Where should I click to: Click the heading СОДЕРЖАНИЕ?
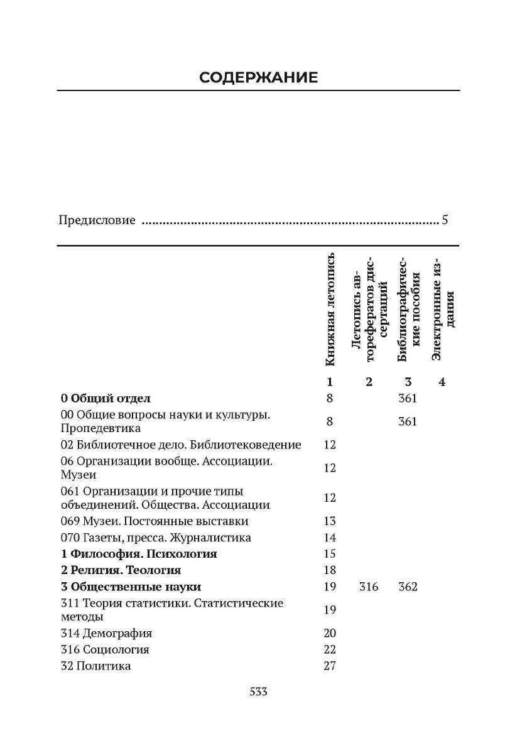point(258,77)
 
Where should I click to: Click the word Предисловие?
point(97,220)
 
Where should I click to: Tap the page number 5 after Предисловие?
point(445,220)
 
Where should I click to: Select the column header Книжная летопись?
point(330,310)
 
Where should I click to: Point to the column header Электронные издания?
point(444,308)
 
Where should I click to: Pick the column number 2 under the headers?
point(369,381)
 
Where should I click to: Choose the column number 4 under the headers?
point(442,381)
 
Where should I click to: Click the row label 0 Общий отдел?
point(106,398)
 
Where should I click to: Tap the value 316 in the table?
point(369,587)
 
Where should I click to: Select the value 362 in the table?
point(408,587)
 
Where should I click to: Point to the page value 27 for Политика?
point(330,666)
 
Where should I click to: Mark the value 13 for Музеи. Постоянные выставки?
point(330,521)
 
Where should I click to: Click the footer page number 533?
point(259,691)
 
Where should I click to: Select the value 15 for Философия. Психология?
point(330,554)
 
